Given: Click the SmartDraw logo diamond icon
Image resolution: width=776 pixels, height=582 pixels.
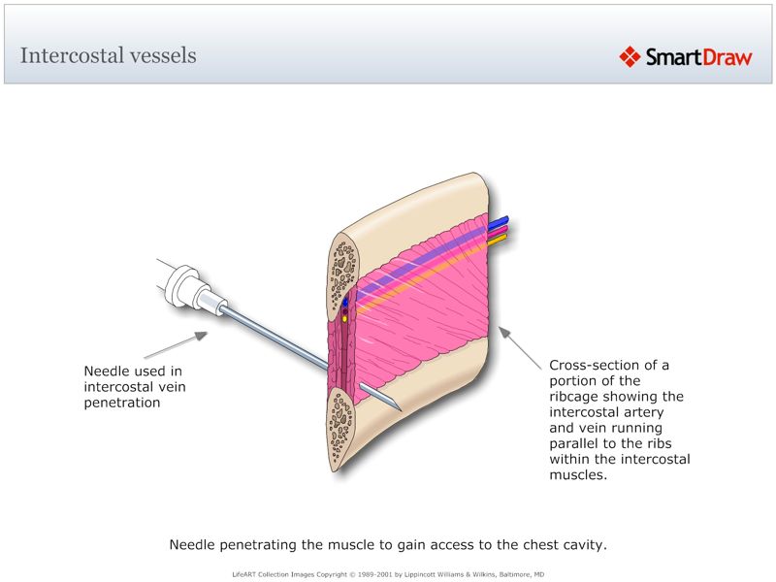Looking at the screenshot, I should [x=630, y=57].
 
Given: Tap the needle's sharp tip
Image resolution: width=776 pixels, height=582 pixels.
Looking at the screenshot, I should [x=398, y=407].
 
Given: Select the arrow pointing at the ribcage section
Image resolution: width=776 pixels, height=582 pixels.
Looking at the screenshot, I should [x=520, y=347].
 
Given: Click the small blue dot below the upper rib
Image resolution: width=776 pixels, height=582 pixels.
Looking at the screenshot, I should [x=345, y=302].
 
